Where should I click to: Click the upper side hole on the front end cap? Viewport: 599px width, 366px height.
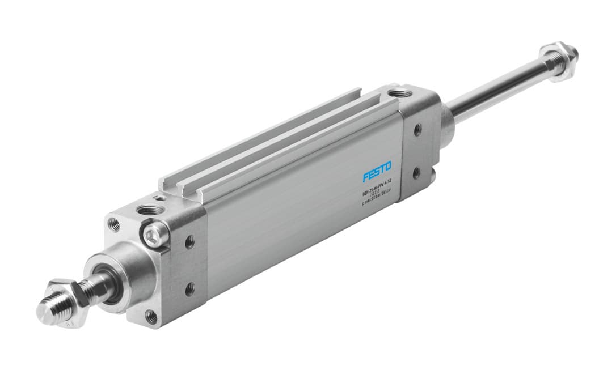tap(189, 242)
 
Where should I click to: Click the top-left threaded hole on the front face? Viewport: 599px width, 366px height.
tap(114, 225)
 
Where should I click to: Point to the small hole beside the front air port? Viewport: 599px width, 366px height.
tap(163, 199)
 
